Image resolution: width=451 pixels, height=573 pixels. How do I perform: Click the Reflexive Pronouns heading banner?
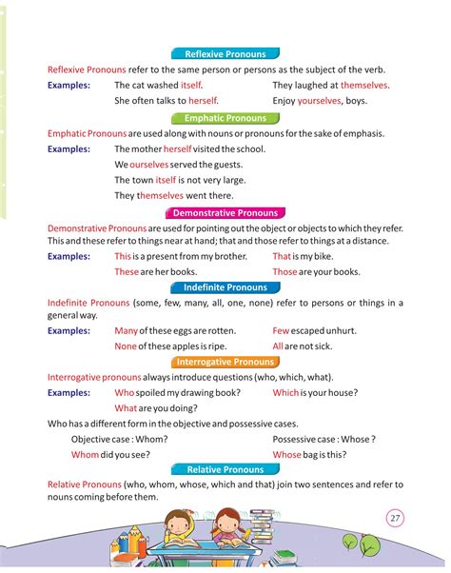click(x=225, y=53)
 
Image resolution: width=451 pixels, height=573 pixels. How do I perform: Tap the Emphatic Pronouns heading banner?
click(x=225, y=118)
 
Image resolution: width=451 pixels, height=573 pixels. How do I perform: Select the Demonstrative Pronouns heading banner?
click(x=225, y=213)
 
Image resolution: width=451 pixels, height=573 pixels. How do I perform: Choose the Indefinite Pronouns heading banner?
click(x=225, y=287)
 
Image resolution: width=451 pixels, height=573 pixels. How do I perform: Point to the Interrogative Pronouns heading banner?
click(x=225, y=362)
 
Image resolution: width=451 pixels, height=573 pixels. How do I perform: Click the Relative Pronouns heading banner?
click(x=225, y=470)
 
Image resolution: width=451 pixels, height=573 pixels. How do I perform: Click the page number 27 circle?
click(x=396, y=518)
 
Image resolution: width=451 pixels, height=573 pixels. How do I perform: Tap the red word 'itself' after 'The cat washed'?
click(x=192, y=86)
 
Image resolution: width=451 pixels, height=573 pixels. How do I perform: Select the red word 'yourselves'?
click(x=320, y=101)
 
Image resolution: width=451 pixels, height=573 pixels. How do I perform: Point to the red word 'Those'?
click(x=285, y=272)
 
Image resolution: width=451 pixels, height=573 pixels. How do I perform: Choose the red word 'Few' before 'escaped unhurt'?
click(x=281, y=331)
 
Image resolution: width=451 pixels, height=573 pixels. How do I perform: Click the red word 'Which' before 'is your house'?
click(x=285, y=392)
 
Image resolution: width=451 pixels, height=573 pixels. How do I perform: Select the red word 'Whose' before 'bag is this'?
click(x=286, y=455)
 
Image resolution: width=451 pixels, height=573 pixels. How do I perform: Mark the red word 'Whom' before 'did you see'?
click(x=85, y=455)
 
